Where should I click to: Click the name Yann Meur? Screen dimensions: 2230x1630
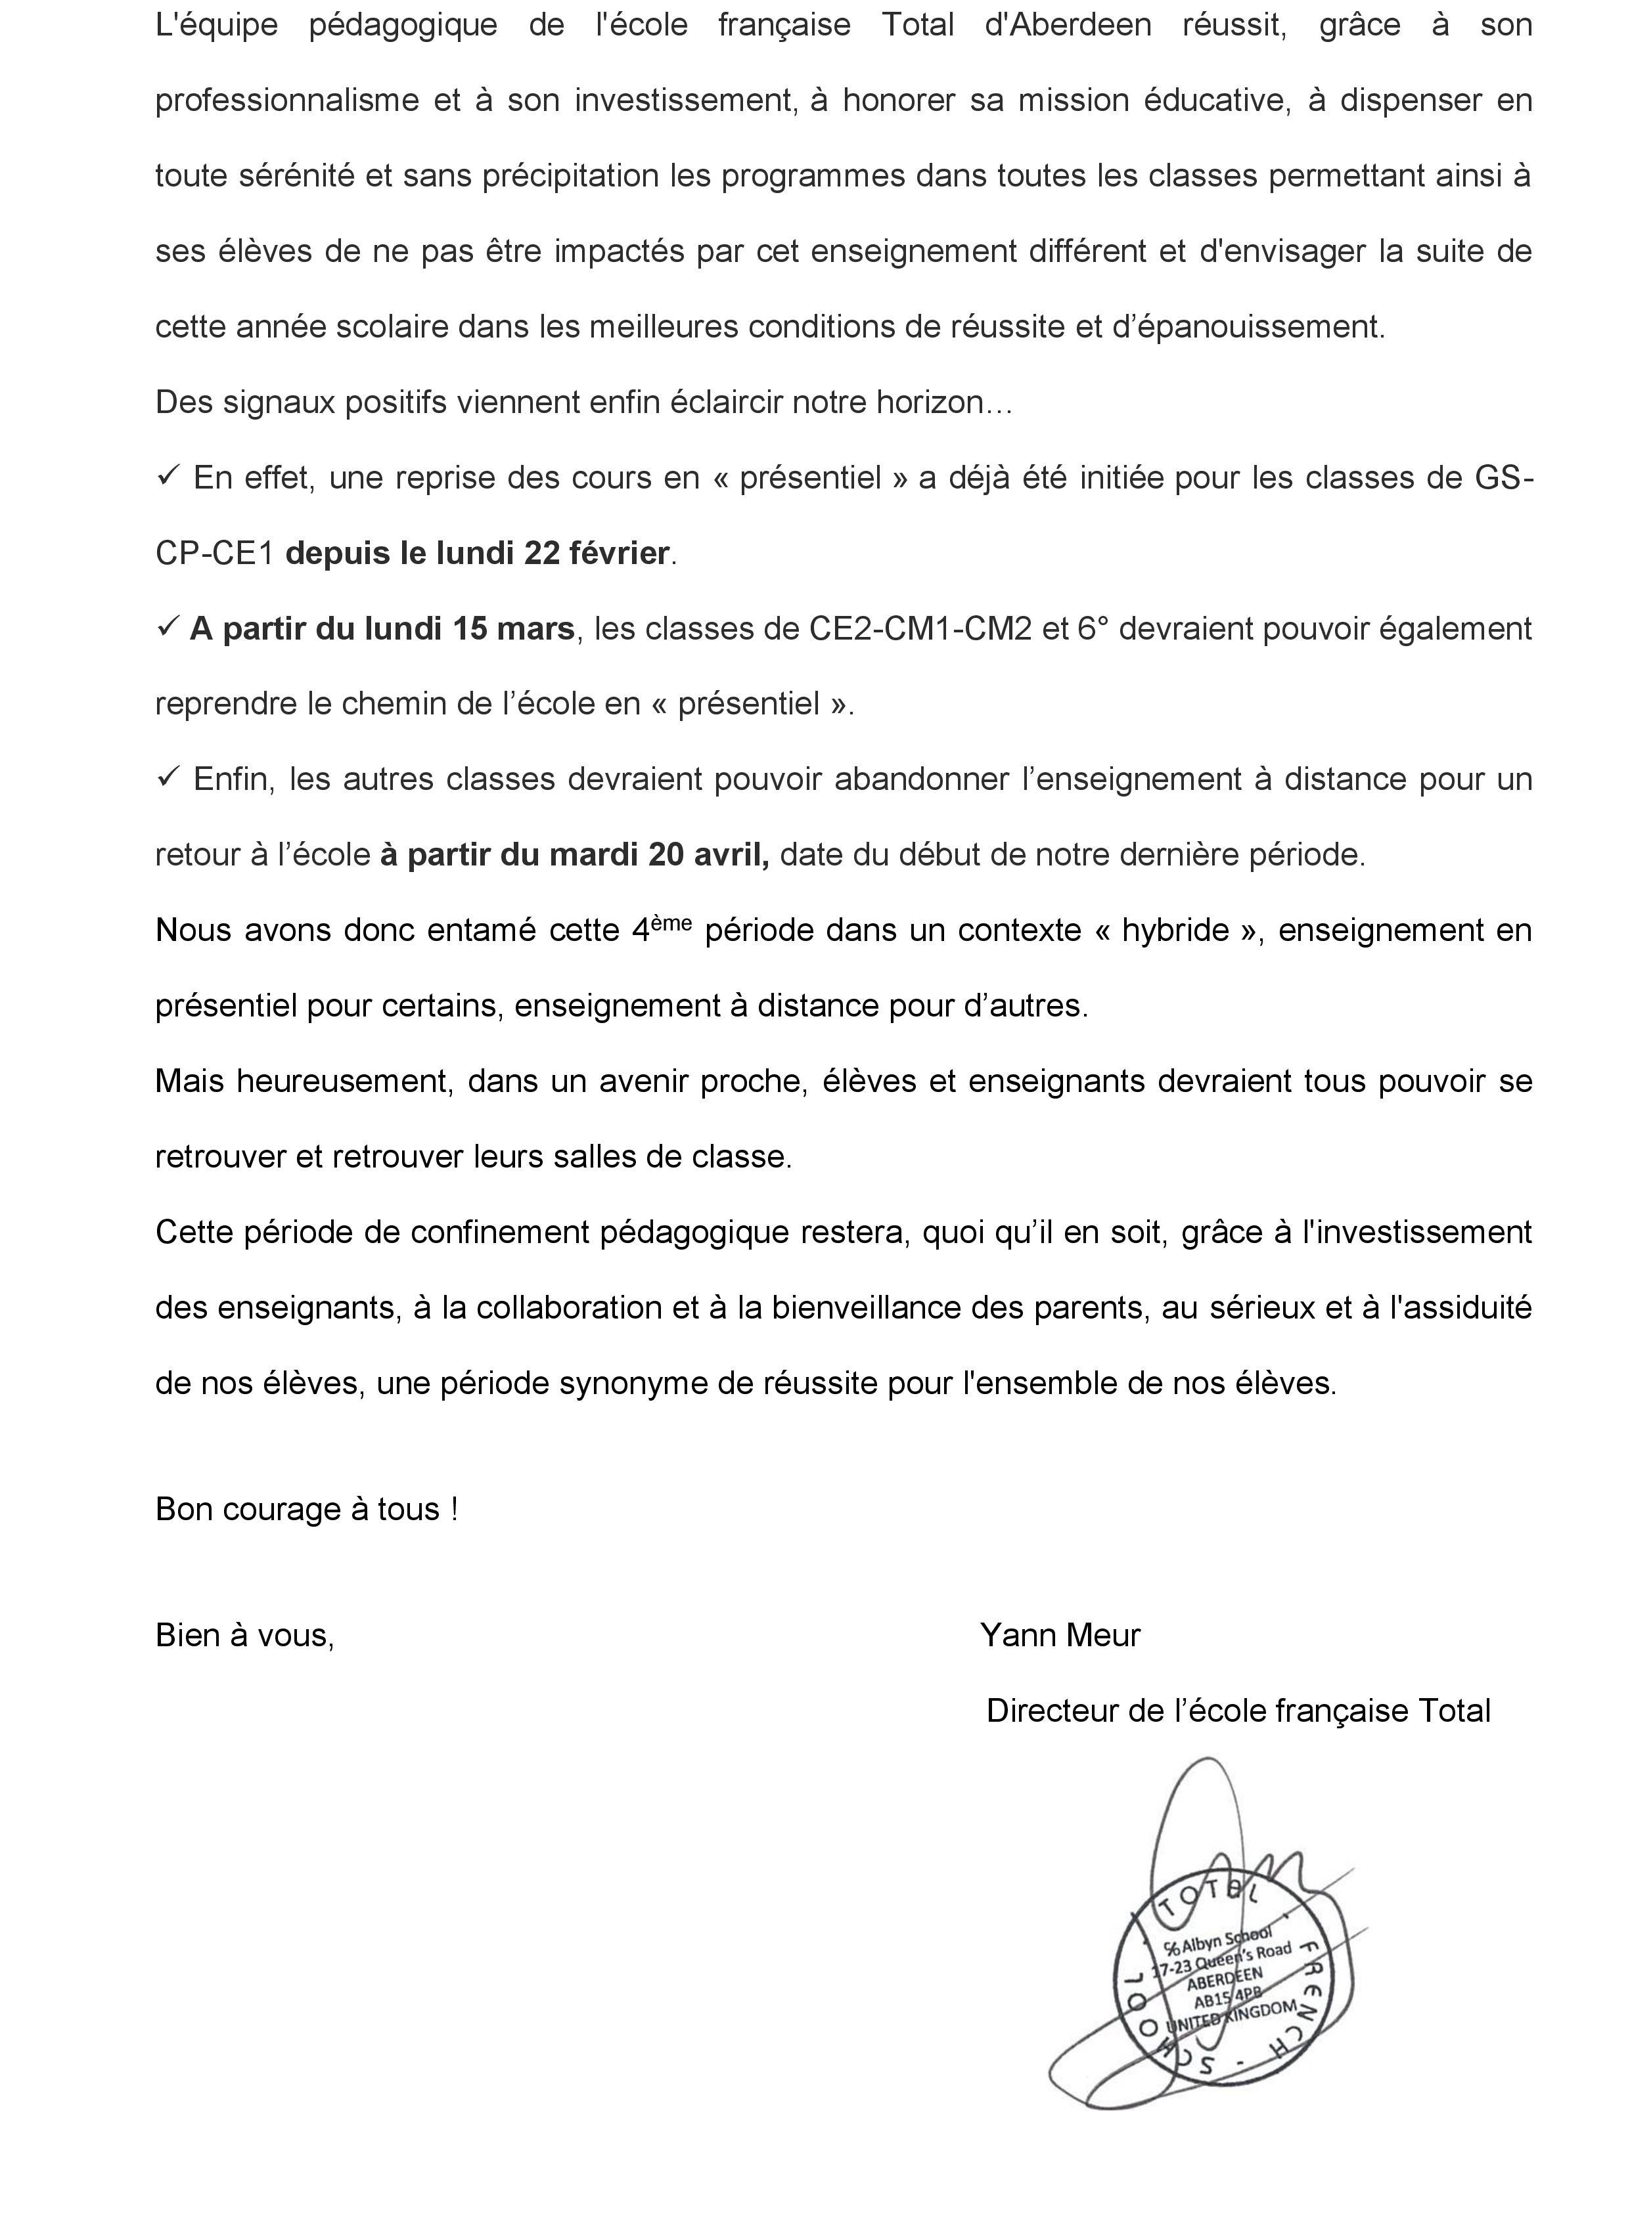tap(1060, 1635)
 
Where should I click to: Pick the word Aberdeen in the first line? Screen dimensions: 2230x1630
tap(1068, 25)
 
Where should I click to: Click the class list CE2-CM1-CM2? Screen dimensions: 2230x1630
tap(920, 629)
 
